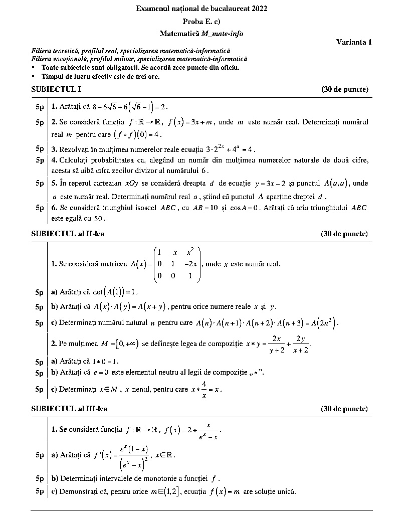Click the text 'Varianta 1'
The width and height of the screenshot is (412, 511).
coord(354,42)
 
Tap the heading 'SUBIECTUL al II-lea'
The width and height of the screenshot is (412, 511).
coord(68,234)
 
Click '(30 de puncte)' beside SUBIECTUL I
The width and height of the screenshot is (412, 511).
coord(344,89)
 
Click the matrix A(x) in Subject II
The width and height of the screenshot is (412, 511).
coord(177,263)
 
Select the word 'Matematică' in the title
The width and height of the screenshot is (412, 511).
coord(179,34)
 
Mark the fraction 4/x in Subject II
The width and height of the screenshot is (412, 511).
coord(204,389)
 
